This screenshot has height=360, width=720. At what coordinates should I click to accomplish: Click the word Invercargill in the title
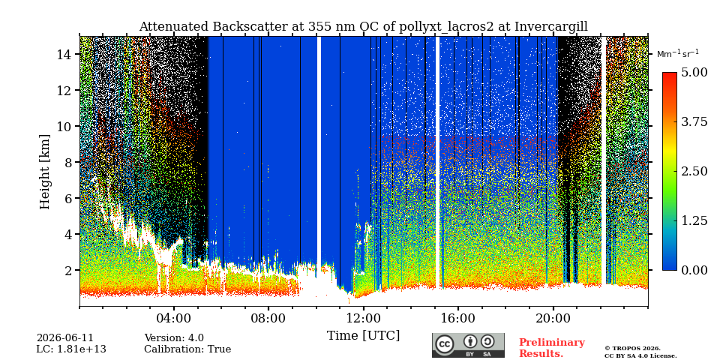551,27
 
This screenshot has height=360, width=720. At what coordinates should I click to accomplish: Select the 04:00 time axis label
173,319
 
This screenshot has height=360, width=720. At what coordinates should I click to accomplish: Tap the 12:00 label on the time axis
363,319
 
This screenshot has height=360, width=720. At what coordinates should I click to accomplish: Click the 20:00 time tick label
553,319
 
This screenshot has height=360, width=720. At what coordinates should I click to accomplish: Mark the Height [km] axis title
44,172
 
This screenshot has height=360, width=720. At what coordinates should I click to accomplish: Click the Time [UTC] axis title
363,336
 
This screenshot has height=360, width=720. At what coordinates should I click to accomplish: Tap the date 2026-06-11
64,338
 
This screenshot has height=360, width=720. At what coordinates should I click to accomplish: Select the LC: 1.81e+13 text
71,349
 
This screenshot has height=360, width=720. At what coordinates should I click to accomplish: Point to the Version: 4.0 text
174,338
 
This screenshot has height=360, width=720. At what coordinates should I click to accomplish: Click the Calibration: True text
187,349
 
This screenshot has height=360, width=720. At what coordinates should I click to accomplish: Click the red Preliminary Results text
552,348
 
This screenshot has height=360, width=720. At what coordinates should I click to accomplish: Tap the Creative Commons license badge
468,345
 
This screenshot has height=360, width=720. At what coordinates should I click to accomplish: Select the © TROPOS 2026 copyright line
633,349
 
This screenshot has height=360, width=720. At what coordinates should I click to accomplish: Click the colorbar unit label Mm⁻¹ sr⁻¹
678,53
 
